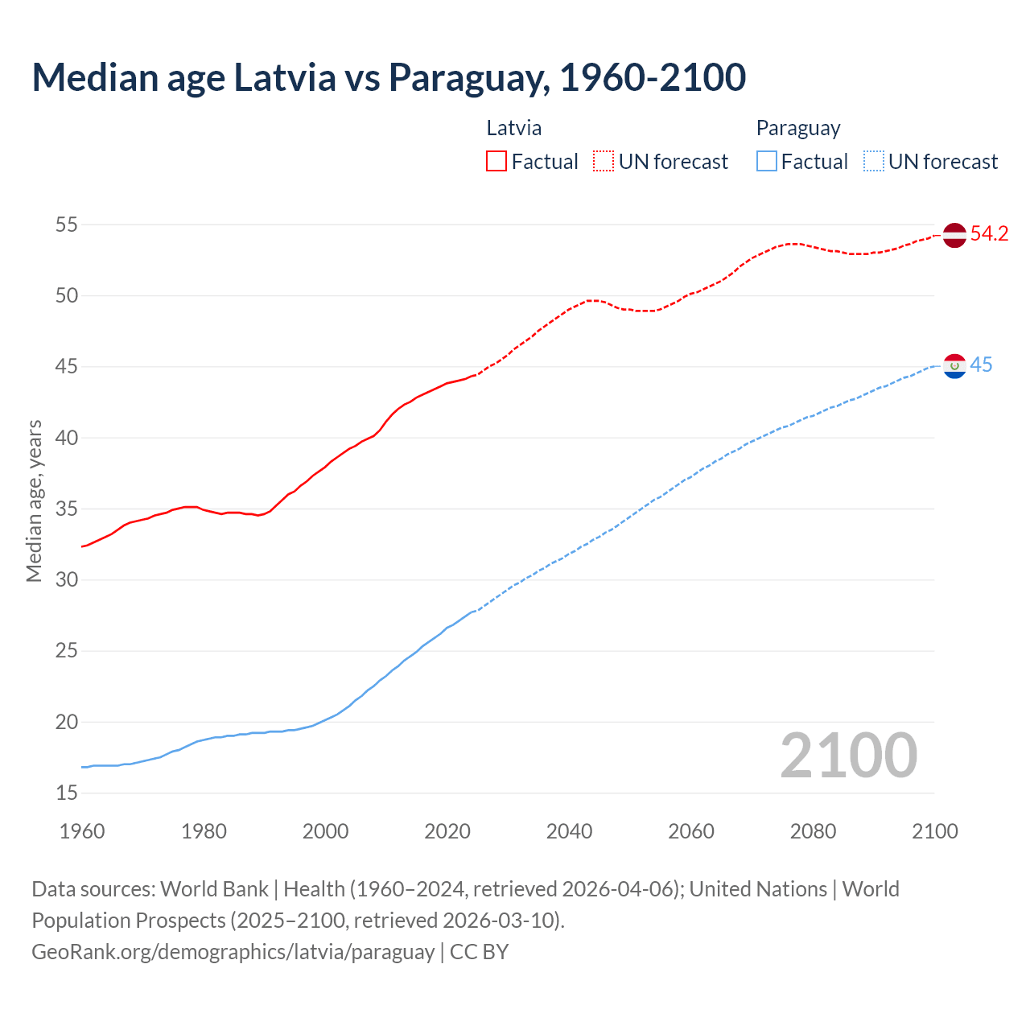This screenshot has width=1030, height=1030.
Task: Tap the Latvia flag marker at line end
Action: (954, 235)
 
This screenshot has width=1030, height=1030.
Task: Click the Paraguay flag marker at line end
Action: (954, 366)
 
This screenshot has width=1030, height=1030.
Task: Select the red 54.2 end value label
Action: (989, 234)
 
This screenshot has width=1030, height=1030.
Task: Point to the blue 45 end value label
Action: (981, 365)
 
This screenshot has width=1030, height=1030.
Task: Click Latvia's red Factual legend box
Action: (496, 162)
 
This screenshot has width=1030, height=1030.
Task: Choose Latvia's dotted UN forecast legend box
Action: (604, 162)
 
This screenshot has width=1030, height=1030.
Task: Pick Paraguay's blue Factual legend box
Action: (767, 162)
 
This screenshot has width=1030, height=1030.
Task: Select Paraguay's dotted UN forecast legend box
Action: (873, 162)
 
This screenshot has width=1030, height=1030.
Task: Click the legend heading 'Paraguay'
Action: (797, 128)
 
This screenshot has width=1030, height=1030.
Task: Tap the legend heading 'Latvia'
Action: (514, 128)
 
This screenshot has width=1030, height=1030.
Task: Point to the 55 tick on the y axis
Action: (67, 225)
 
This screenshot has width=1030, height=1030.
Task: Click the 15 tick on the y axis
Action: (67, 793)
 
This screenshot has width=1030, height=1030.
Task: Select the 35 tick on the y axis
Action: (67, 509)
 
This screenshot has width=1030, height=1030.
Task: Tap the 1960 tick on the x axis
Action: (82, 831)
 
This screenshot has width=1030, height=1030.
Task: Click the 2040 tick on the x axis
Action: (569, 831)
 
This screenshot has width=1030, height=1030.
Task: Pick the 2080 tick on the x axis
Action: (813, 831)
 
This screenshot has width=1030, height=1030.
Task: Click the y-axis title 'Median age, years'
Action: (34, 501)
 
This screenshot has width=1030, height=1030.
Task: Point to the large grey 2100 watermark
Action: (849, 756)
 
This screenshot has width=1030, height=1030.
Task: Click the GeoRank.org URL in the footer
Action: (233, 952)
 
